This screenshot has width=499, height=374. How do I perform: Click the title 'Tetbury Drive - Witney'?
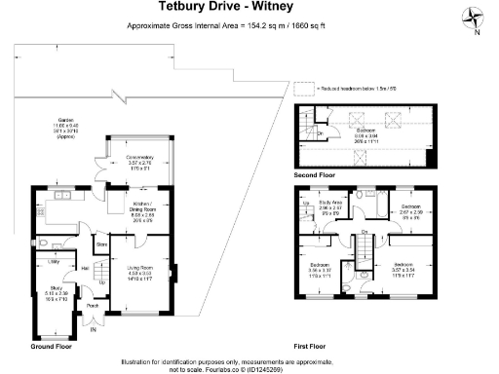pos(249,10)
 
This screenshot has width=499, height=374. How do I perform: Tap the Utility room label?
pos(54,262)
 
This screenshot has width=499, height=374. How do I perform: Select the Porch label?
pos(93,305)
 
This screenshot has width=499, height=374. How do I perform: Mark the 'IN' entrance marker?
pos(94,330)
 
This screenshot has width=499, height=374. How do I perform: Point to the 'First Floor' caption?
pos(312,345)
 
